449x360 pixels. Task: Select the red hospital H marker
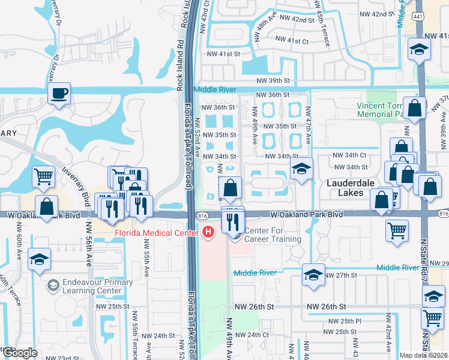pos(208,231)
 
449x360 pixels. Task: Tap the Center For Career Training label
pos(272,235)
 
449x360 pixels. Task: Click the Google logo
pos(20,352)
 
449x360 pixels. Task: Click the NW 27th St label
pos(340,275)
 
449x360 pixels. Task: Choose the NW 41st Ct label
pos(291,41)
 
